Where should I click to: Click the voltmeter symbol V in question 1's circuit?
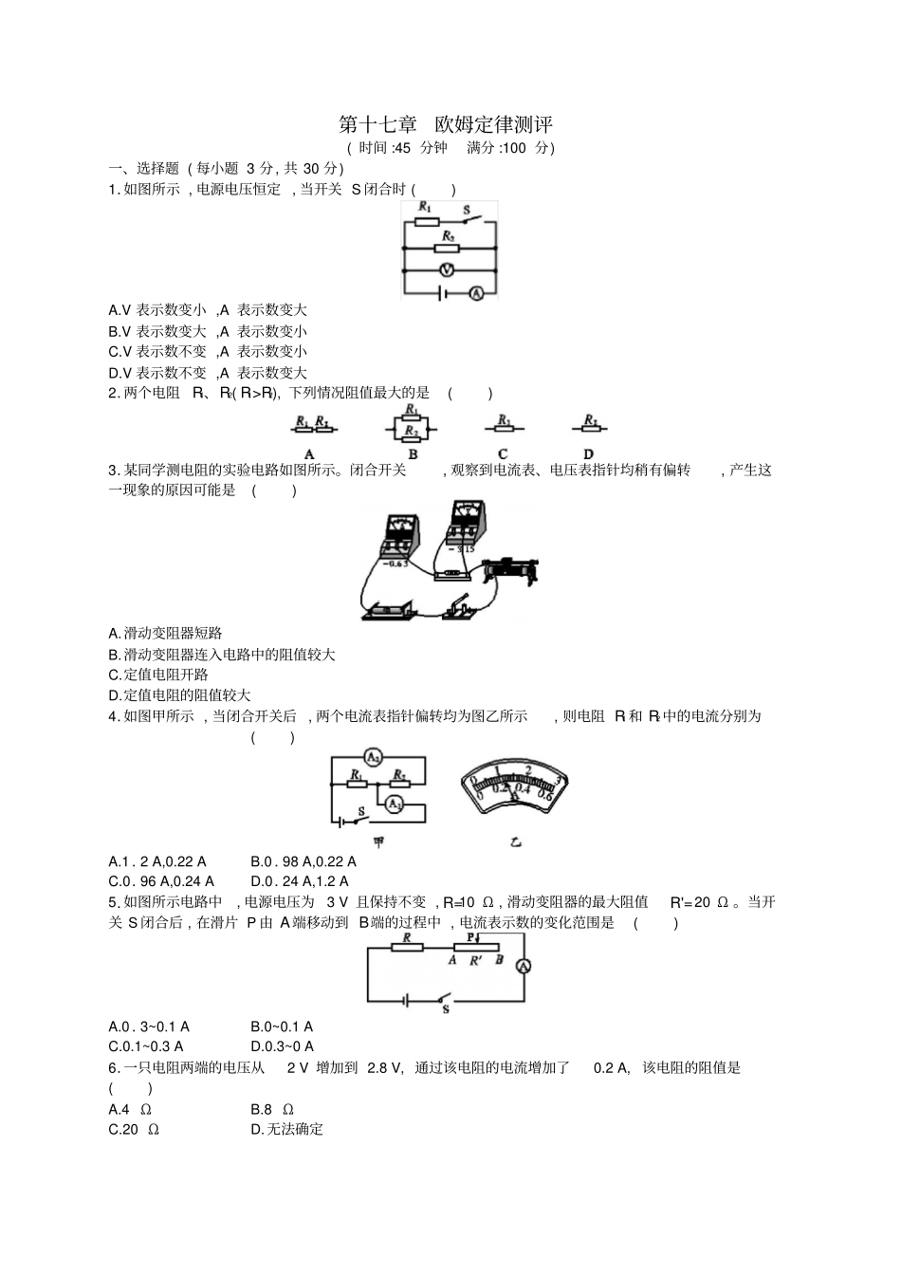point(450,270)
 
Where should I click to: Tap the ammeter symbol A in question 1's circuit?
point(477,294)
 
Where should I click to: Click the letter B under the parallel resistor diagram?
point(413,454)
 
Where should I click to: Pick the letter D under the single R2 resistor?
point(588,454)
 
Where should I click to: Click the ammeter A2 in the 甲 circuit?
point(374,758)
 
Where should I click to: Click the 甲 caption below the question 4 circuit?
point(378,841)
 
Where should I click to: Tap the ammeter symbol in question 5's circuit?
point(523,967)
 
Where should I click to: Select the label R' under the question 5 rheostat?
point(476,960)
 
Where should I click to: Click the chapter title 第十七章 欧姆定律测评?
point(445,124)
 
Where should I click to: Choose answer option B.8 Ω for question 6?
point(272,1109)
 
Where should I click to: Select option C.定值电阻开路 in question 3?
point(158,675)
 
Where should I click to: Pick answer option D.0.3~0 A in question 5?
point(282,1046)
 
